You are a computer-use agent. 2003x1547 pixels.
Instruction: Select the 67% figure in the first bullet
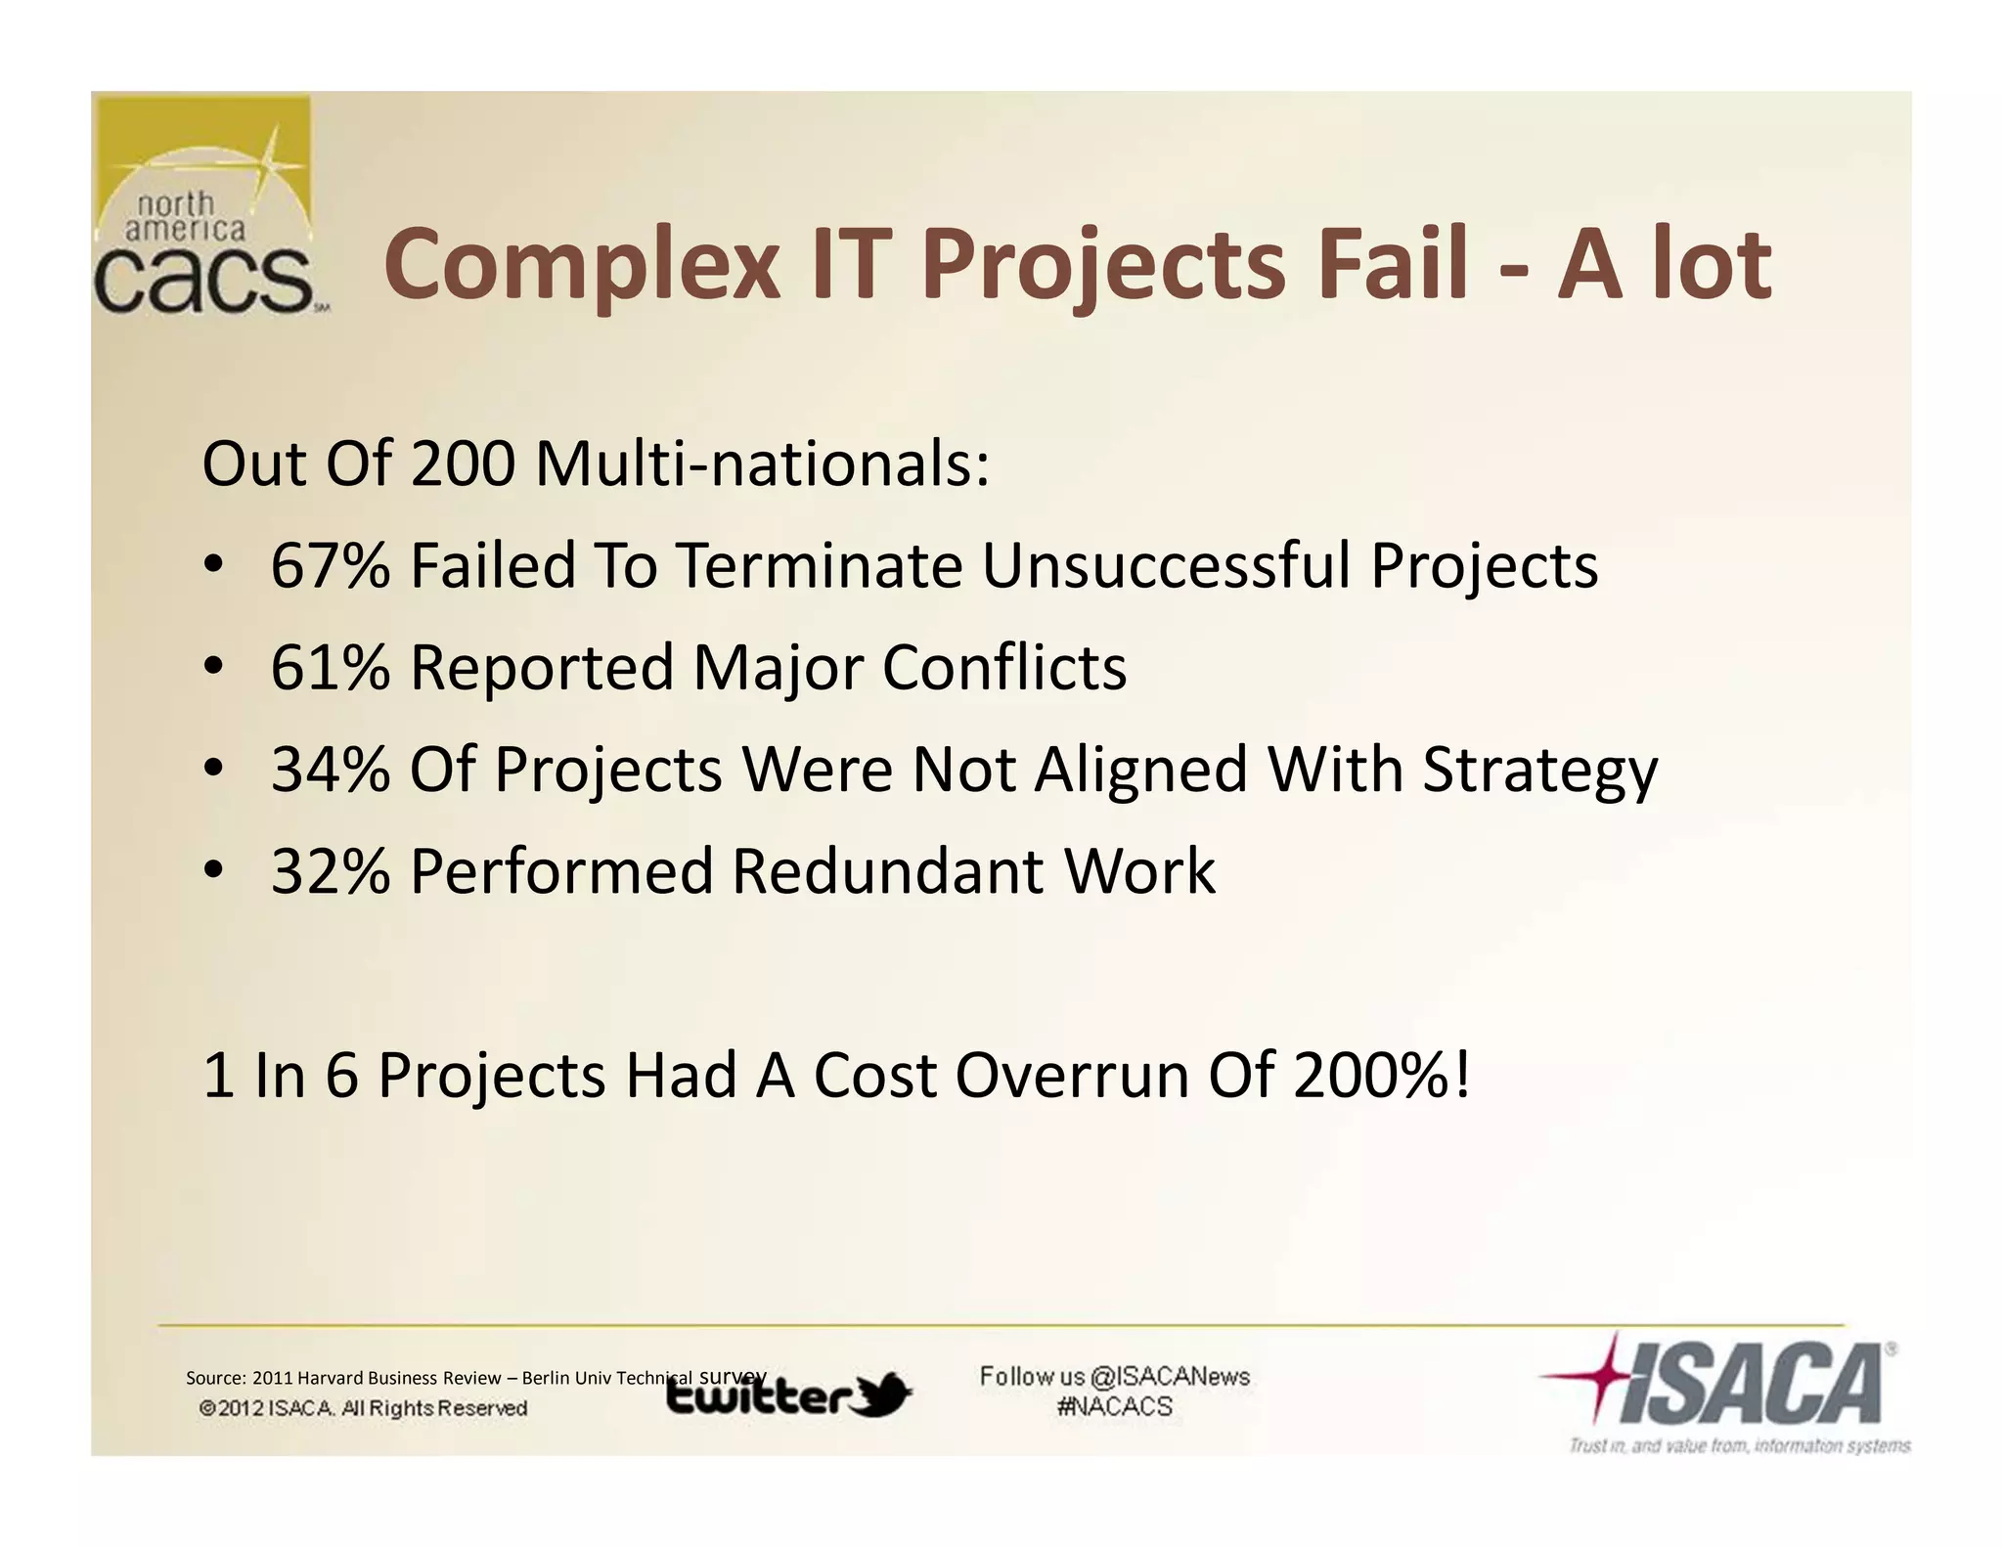[330, 566]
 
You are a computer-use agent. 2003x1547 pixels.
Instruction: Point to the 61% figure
[330, 668]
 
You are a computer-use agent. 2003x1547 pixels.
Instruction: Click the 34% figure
[330, 770]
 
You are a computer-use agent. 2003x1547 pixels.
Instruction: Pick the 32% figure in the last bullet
[330, 871]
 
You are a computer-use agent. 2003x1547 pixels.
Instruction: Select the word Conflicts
[1004, 668]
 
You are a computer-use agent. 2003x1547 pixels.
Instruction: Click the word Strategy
[1539, 772]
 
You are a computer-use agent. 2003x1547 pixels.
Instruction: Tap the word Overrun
[1071, 1076]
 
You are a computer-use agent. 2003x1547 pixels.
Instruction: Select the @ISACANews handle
[1170, 1377]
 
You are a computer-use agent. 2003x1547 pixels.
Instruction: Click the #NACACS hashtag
[1115, 1407]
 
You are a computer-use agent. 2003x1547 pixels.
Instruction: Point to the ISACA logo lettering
[1751, 1384]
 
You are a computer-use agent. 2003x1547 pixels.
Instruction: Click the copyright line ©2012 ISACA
[363, 1408]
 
